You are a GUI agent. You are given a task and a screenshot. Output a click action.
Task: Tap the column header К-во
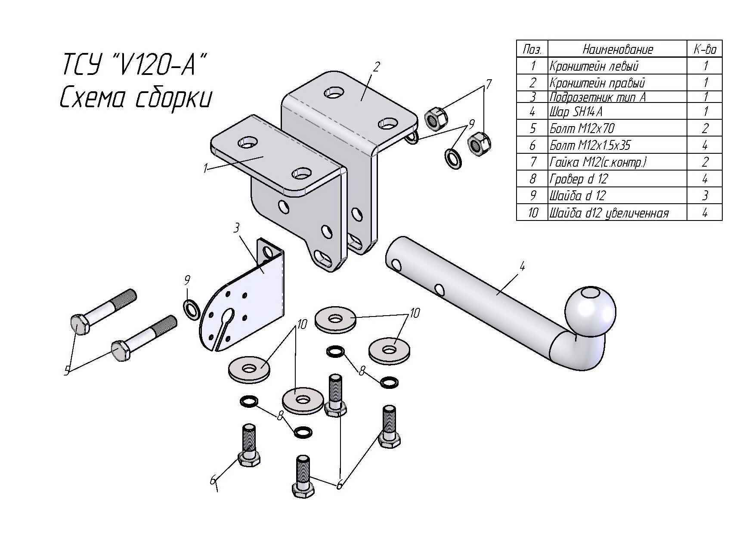[705, 49]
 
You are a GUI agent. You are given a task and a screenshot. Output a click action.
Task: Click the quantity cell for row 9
[705, 196]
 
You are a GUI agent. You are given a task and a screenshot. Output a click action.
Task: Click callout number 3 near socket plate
[236, 228]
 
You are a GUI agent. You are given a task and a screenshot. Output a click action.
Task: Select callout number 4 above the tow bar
[522, 267]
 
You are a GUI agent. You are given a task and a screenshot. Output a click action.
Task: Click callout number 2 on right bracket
[377, 67]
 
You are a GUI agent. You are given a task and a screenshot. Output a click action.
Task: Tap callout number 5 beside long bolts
[67, 371]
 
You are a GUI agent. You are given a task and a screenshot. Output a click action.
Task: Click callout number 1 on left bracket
[206, 168]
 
